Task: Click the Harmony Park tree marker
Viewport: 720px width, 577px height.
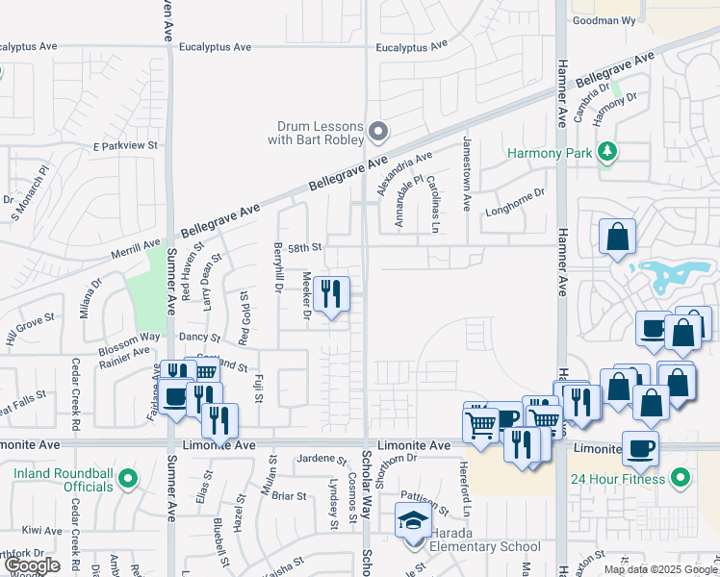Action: [606, 152]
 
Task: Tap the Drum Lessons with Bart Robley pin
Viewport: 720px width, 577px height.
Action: [378, 131]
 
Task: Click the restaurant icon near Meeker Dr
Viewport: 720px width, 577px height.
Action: [332, 293]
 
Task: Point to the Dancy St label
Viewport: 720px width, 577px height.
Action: [201, 339]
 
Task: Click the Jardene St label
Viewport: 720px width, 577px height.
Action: [321, 459]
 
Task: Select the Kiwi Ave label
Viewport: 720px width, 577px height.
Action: [42, 530]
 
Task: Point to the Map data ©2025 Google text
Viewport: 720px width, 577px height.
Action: [659, 569]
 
